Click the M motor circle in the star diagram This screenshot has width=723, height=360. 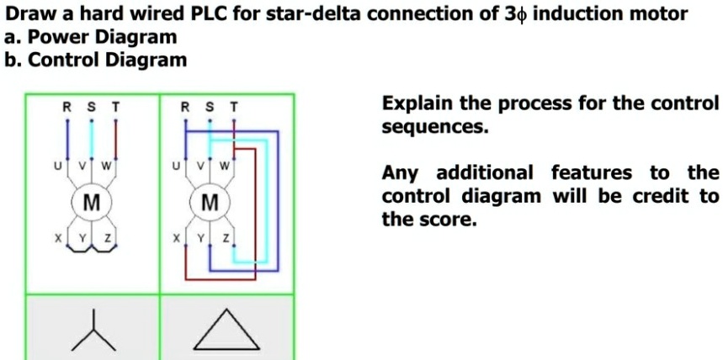coord(91,201)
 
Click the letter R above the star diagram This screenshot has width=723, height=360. coord(68,107)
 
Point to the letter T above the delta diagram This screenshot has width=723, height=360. coord(235,107)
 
